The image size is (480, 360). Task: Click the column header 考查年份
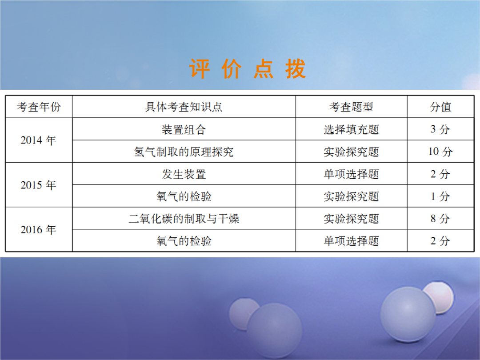(x=39, y=107)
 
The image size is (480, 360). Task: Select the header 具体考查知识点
(x=184, y=107)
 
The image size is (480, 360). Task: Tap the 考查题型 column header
(x=351, y=107)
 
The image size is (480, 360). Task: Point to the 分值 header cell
(x=440, y=107)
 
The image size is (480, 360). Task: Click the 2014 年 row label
(x=39, y=140)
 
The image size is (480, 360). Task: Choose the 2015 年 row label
(x=39, y=185)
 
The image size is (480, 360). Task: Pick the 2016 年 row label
(x=39, y=230)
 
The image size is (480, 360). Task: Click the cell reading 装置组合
(x=184, y=129)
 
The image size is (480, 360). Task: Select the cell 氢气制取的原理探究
(x=184, y=152)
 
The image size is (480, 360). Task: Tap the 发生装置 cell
(x=184, y=174)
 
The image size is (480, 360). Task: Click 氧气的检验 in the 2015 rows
(x=184, y=196)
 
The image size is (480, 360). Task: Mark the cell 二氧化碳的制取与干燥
(x=184, y=219)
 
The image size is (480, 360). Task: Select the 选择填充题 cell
(x=351, y=129)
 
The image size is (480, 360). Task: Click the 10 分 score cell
(x=440, y=152)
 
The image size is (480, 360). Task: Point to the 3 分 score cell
(x=440, y=129)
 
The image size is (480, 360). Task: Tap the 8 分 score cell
(x=440, y=219)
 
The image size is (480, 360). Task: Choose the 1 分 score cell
(x=440, y=196)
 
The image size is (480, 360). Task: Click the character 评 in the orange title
(x=199, y=69)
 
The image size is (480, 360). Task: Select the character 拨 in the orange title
(x=296, y=69)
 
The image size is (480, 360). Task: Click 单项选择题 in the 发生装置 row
(x=351, y=174)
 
